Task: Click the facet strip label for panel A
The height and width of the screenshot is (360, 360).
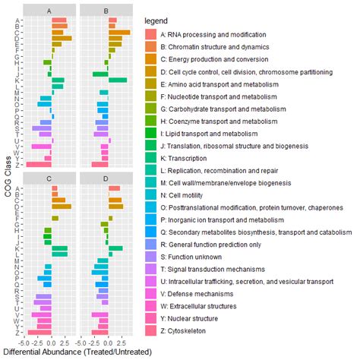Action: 50,10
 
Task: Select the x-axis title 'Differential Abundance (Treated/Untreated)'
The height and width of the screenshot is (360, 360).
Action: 77,352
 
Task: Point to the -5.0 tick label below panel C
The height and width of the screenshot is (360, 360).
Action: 24,342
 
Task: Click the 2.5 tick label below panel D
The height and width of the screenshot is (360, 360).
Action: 122,342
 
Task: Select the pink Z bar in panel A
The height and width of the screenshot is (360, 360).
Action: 39,164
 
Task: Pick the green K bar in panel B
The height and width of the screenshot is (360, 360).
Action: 118,80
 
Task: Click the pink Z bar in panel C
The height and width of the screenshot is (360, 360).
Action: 39,332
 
